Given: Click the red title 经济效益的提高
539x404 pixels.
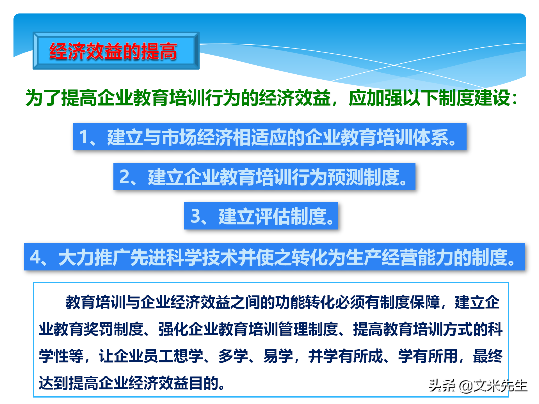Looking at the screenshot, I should click(113, 51).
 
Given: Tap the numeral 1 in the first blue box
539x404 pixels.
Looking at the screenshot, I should click(84, 137).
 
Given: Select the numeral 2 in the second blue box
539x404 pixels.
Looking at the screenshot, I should click(124, 177).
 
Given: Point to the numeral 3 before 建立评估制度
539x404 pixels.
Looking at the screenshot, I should click(195, 216).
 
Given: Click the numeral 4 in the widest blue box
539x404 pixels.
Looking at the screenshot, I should click(35, 257).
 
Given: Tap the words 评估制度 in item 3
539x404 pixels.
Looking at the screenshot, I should click(290, 216).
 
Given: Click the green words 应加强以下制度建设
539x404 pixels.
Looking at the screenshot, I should click(430, 98).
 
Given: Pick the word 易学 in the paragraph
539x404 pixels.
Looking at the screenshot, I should click(278, 356).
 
